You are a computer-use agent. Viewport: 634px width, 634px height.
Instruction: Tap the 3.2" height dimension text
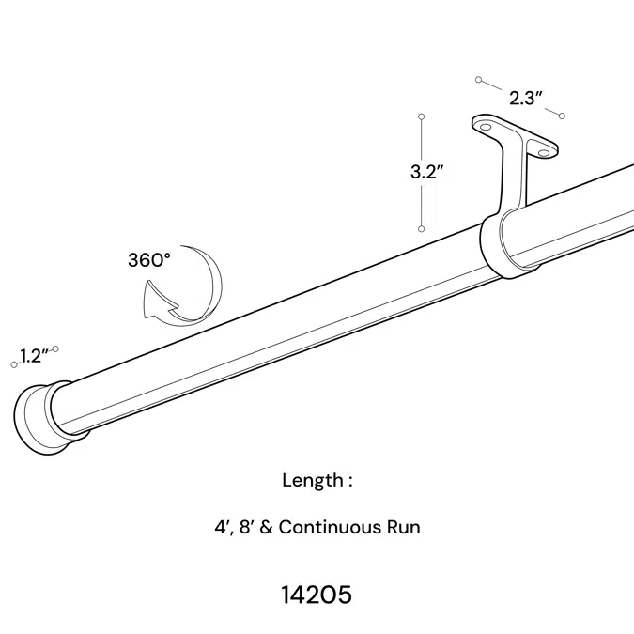pos(426,172)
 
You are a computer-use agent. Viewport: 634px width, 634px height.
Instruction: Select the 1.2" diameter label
pos(34,356)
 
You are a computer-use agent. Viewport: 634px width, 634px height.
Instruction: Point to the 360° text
pos(149,260)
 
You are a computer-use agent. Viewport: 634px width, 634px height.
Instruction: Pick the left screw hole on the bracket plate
pos(486,126)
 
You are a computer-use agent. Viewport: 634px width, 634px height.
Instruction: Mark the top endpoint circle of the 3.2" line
pos(422,117)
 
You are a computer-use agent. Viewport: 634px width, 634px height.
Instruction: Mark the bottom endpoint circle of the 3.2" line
pos(422,228)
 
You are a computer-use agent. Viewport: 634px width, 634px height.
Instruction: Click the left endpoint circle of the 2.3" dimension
pos(479,80)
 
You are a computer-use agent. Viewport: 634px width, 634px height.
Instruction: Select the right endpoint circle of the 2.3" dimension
pos(561,116)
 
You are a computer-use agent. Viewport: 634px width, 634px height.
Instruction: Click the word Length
pos(313,480)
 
